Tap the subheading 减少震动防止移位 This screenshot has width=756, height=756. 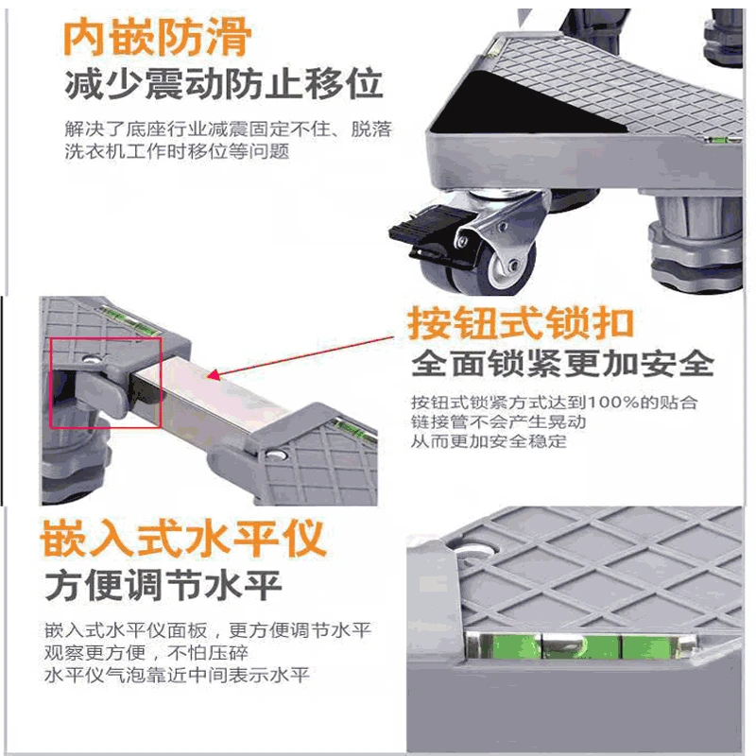[x=223, y=84]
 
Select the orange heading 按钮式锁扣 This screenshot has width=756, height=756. [x=520, y=323]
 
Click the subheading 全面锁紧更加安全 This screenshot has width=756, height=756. [x=562, y=364]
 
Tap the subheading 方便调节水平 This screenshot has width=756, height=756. [x=163, y=586]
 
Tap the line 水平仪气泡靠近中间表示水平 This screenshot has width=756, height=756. [x=177, y=675]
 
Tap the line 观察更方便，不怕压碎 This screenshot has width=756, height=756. [x=150, y=653]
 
